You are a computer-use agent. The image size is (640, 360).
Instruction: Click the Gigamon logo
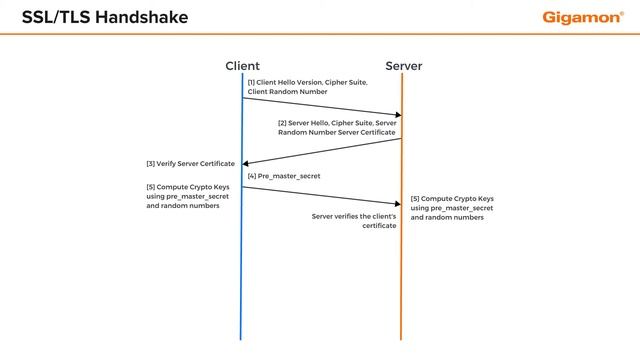tap(583, 17)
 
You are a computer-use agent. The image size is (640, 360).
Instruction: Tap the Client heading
tap(242, 66)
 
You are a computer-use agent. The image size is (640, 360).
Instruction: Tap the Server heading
tap(402, 66)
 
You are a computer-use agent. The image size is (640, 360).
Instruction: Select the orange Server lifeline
tap(402, 280)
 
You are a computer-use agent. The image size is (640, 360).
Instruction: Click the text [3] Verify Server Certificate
tap(190, 163)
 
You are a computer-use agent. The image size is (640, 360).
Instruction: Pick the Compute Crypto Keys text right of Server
tap(452, 207)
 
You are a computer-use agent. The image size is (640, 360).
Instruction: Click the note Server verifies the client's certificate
tap(354, 221)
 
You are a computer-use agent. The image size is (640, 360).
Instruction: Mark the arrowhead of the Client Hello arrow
tap(396, 115)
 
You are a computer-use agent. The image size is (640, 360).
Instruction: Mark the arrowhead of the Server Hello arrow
tap(246, 163)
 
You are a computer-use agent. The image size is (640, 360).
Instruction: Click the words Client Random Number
tap(287, 92)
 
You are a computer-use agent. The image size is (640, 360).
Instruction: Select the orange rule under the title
tap(320, 35)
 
